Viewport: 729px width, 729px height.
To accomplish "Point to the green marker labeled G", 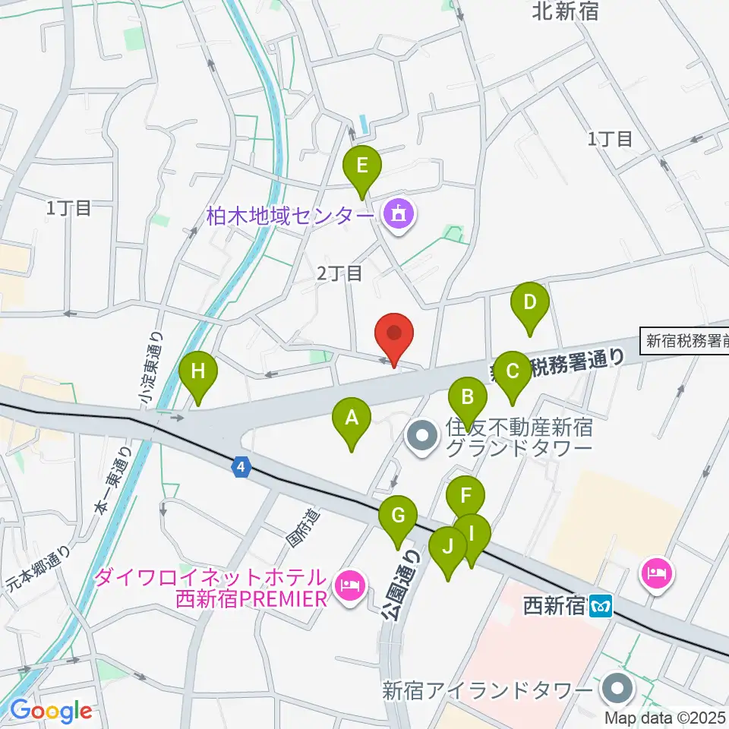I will point(397,520).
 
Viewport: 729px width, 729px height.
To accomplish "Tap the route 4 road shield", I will point(241,468).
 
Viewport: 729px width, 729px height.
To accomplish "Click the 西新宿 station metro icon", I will point(604,607).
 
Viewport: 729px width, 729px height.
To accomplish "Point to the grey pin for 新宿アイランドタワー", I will point(616,690).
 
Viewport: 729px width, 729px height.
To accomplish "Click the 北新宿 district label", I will point(566,11).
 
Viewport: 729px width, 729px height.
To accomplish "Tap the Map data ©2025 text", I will point(666,716).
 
